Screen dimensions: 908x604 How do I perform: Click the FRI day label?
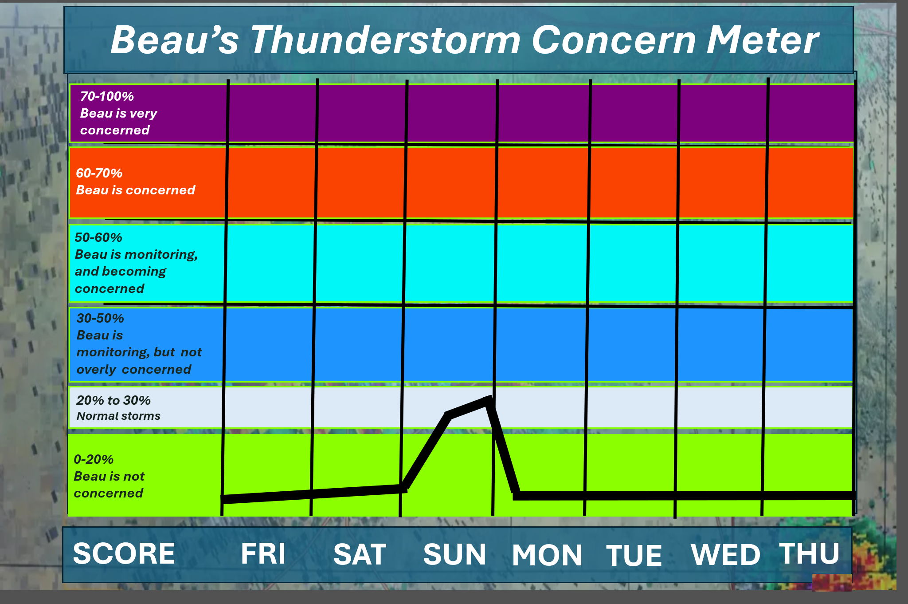tap(263, 553)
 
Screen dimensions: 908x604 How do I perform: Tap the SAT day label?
tap(360, 554)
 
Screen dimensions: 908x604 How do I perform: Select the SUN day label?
tap(454, 554)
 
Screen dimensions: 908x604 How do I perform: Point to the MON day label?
tap(547, 555)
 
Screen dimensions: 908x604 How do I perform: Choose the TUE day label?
tap(634, 556)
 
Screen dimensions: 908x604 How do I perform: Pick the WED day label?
tap(725, 555)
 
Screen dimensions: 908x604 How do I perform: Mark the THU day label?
tap(810, 553)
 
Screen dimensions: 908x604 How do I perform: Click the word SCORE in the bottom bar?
tap(124, 553)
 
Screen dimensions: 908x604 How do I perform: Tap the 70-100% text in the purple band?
tap(107, 96)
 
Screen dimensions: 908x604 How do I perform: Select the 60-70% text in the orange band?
tap(99, 173)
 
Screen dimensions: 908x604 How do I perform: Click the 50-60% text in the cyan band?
tap(98, 237)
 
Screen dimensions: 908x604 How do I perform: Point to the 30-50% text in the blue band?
tap(100, 318)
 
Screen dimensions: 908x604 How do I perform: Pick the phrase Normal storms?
tap(118, 416)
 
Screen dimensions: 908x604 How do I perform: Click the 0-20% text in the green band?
tap(94, 459)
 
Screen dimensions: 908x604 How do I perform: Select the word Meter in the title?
tap(762, 40)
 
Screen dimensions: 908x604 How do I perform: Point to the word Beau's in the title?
tap(175, 40)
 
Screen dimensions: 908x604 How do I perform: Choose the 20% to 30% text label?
tap(113, 400)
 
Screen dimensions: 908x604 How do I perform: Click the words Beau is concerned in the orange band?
tap(136, 190)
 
